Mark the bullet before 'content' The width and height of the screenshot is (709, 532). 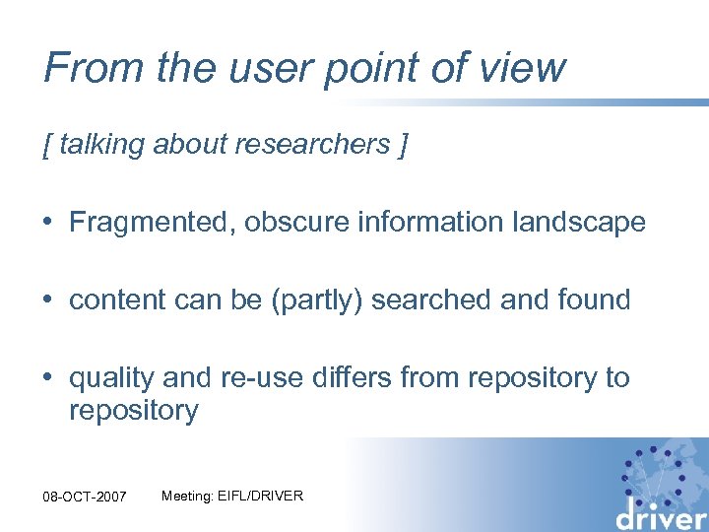(x=49, y=300)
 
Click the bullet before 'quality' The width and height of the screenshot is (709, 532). (x=49, y=378)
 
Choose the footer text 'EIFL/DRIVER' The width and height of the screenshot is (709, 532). (x=265, y=496)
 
